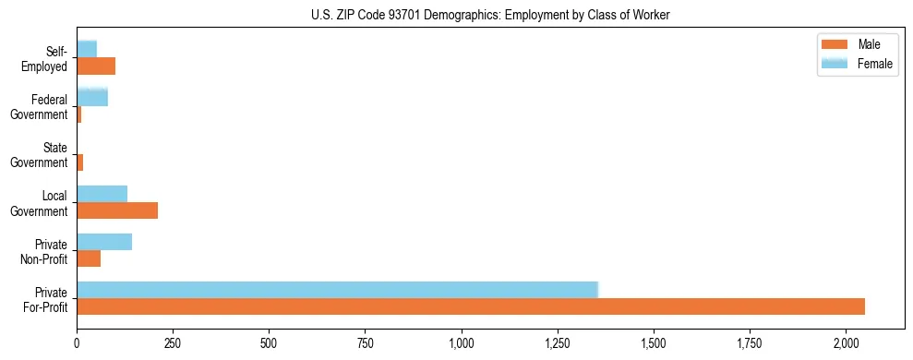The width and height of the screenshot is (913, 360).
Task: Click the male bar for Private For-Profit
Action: coord(471,306)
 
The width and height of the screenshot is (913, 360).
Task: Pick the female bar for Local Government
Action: coord(102,193)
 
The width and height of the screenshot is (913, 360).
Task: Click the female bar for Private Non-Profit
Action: coord(104,241)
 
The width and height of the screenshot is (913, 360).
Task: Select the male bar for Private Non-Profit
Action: coord(89,258)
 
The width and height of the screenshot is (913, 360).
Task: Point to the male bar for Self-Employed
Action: coord(96,66)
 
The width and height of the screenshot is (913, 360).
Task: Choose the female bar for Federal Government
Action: coord(92,97)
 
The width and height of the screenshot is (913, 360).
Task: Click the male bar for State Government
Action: coord(80,162)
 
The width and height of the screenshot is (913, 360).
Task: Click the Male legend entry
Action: coord(869,45)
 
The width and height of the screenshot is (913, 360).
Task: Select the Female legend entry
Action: coord(874,63)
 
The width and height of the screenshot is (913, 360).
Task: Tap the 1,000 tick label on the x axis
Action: coord(461,343)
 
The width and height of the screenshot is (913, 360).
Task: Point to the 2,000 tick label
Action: coord(846,343)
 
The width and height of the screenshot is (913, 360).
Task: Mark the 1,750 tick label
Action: coord(750,343)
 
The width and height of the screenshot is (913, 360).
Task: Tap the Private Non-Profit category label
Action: coord(45,251)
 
